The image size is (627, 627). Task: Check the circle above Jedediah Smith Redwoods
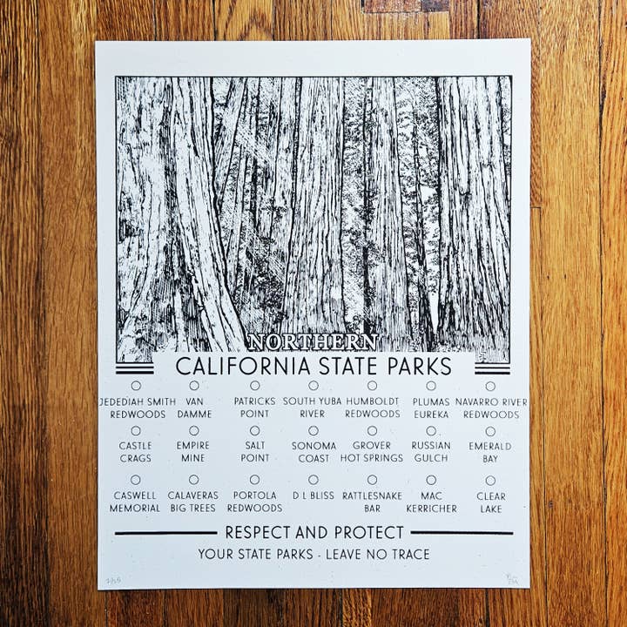click(136, 385)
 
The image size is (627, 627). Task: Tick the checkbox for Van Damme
click(194, 385)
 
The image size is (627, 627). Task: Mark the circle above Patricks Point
click(254, 385)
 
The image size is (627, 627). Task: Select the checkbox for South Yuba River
click(313, 385)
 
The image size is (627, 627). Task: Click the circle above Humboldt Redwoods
click(372, 385)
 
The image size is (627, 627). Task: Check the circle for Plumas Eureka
click(431, 385)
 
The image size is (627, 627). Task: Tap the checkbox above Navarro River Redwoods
click(490, 386)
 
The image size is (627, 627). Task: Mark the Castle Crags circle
click(136, 430)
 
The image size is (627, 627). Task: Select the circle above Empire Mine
click(193, 430)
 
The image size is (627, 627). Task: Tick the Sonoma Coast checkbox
click(313, 430)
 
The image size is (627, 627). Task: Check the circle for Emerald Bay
click(490, 431)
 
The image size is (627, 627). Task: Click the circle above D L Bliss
click(313, 479)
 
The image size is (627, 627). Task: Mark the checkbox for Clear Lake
click(490, 480)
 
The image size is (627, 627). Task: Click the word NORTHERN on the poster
click(313, 342)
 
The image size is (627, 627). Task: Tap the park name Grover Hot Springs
click(372, 452)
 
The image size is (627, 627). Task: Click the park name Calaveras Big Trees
click(193, 502)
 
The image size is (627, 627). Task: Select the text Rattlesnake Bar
click(372, 502)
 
